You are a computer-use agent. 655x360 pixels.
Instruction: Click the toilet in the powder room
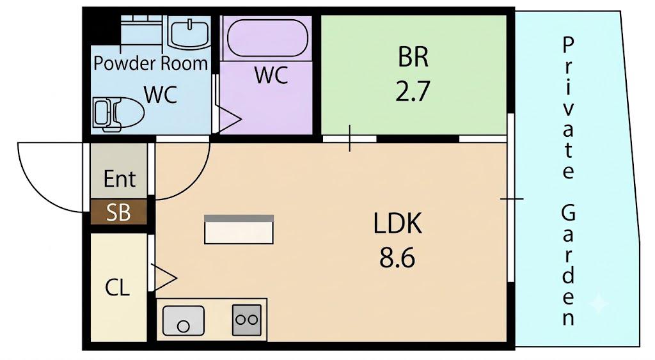click(x=118, y=114)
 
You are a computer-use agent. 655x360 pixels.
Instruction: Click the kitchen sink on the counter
click(x=184, y=321)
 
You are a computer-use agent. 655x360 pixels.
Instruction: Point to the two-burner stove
click(x=247, y=320)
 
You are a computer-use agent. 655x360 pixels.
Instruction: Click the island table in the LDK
click(x=239, y=230)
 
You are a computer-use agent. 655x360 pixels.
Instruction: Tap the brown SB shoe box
click(x=118, y=212)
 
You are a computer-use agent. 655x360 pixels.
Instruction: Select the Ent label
click(x=120, y=179)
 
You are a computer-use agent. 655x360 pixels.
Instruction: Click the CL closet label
click(x=118, y=287)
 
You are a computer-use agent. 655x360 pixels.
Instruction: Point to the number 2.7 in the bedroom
click(x=413, y=92)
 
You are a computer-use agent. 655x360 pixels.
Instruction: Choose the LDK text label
click(x=397, y=223)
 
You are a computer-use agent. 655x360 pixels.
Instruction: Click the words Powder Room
click(x=150, y=63)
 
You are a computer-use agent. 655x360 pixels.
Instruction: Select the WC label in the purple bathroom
click(x=271, y=75)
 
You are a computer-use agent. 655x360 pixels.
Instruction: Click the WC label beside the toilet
click(x=161, y=95)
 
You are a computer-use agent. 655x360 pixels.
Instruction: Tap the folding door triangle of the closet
click(x=163, y=278)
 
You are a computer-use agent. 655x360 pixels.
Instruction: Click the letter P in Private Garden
click(x=568, y=45)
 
